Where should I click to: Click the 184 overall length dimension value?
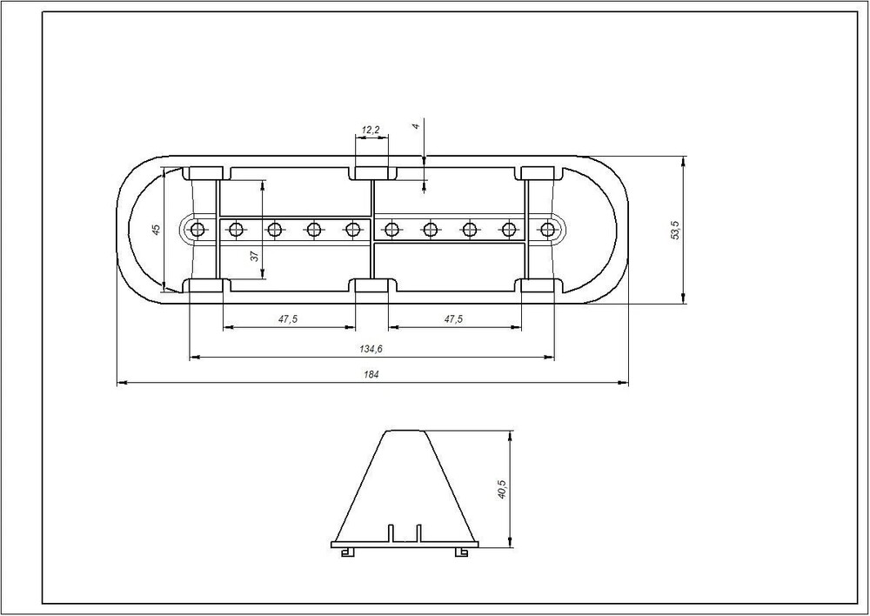click(x=371, y=375)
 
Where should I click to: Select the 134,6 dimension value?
click(x=371, y=349)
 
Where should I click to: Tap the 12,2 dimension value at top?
click(x=370, y=130)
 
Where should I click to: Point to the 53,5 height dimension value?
click(x=675, y=230)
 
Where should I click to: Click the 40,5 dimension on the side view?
click(x=502, y=489)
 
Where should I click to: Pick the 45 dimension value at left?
click(x=157, y=229)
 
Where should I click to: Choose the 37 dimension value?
click(x=254, y=256)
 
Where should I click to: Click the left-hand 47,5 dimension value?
click(x=288, y=319)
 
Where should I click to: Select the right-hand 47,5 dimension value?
click(x=453, y=319)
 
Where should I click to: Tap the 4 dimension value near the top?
click(x=416, y=126)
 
